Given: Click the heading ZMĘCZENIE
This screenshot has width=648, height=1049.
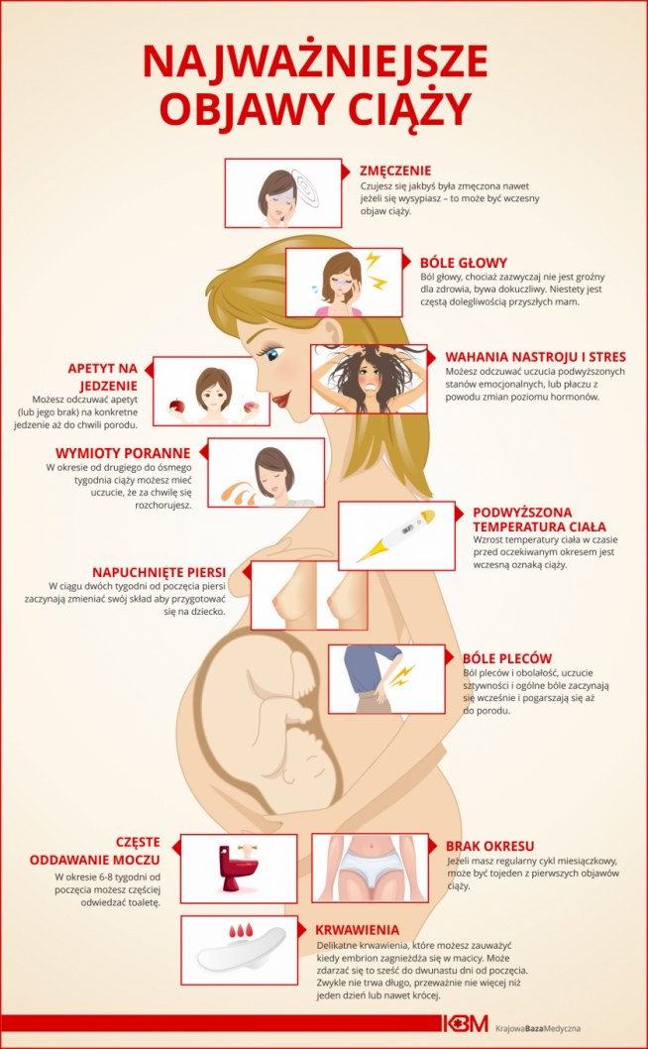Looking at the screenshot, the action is [395, 171].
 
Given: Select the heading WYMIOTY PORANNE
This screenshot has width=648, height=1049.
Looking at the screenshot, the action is [123, 453].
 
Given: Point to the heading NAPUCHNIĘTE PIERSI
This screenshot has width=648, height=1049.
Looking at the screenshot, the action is [160, 572].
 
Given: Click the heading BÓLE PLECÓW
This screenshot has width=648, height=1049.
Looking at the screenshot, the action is [507, 658].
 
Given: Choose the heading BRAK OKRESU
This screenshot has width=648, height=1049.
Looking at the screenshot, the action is [490, 846].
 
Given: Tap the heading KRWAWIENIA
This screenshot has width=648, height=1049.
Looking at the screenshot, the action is [358, 930].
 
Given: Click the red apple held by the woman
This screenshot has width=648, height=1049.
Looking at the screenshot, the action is [177, 406].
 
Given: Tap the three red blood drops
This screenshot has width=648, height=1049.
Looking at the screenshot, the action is [241, 929].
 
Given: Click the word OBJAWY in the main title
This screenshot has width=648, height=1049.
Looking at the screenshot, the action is [260, 110].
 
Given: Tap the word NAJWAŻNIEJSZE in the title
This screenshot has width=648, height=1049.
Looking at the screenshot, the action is [315, 62].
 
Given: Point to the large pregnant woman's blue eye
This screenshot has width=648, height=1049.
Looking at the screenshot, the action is [271, 354].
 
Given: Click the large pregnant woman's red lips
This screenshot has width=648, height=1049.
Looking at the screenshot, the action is [281, 400].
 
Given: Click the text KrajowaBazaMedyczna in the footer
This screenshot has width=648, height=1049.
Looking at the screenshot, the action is [538, 1024].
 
